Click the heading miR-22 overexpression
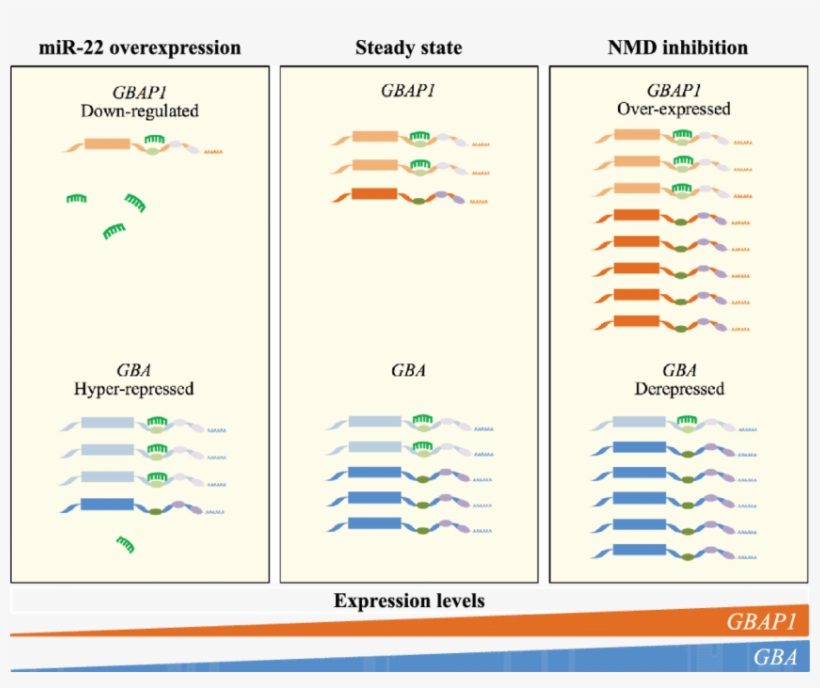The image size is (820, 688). coord(140,47)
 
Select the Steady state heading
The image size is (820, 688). coord(408,47)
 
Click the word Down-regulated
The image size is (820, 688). coord(140,110)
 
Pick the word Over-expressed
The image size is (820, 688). coord(676,108)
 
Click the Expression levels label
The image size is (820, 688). coord(409,601)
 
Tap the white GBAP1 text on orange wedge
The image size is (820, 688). coord(762,623)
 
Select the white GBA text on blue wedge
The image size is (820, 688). coord(775,657)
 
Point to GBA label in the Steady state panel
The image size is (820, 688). coord(408,369)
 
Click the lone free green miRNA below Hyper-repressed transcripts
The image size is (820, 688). coord(126,544)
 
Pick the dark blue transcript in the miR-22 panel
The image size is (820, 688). coord(140,506)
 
